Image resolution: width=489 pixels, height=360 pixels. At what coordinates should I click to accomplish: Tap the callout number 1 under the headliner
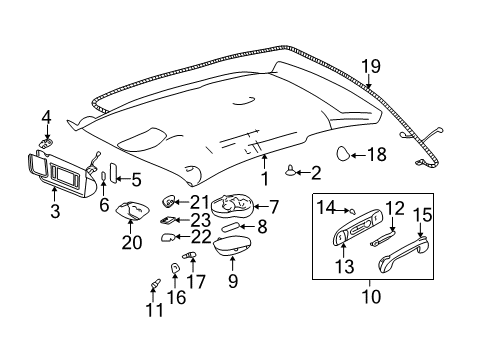coord(265,179)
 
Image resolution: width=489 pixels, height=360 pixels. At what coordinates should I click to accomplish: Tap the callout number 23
coord(200,220)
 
